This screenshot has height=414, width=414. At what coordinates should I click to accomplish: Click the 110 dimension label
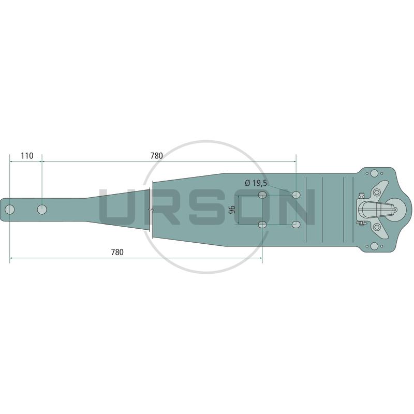pyautogui.click(x=27, y=156)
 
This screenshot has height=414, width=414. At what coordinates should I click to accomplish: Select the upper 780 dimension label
pyautogui.click(x=157, y=156)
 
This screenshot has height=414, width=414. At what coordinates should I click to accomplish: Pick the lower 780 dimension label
pyautogui.click(x=117, y=252)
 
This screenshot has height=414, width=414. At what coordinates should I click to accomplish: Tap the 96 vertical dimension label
pyautogui.click(x=232, y=210)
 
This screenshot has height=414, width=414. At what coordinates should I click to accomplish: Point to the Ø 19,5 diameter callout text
pyautogui.click(x=256, y=183)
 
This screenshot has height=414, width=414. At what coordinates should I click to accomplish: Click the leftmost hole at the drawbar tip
pyautogui.click(x=10, y=210)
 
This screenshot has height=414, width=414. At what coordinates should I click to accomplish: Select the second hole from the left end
pyautogui.click(x=42, y=210)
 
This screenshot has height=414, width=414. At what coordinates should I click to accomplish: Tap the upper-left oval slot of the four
pyautogui.click(x=262, y=195)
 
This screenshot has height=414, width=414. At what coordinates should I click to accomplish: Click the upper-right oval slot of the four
pyautogui.click(x=296, y=195)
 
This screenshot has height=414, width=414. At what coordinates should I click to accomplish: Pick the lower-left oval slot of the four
pyautogui.click(x=262, y=225)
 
